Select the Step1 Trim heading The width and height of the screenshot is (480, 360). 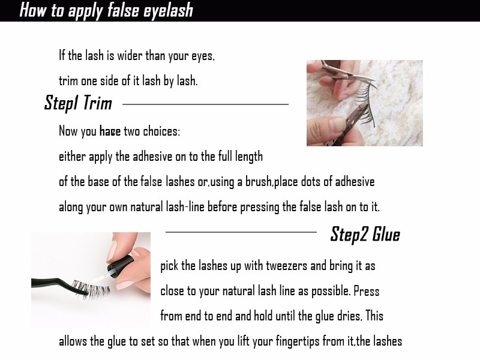(78, 103)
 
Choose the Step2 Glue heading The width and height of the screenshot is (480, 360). (365, 234)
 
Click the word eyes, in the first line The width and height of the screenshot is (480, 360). (200, 56)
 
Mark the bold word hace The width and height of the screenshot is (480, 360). (110, 131)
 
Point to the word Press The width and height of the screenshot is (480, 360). (366, 291)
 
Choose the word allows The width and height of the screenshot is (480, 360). (74, 341)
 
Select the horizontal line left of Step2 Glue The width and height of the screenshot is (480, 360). (241, 232)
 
